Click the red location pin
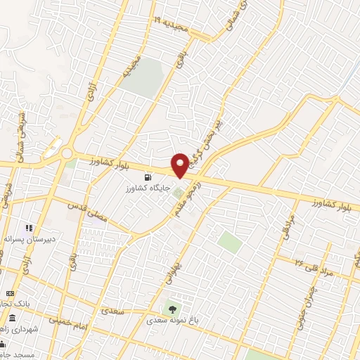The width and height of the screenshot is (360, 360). (181, 165)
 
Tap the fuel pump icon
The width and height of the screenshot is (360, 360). (147, 177)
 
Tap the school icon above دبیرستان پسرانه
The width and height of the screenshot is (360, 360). (29, 228)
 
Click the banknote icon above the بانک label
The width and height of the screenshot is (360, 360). (9, 292)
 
